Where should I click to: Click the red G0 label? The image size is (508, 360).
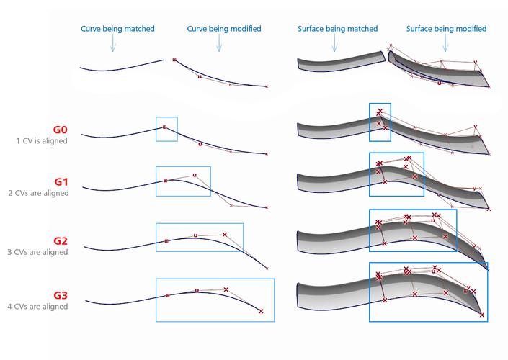tap(59, 130)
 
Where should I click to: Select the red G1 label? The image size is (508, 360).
tap(59, 181)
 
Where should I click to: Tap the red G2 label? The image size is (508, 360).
tap(59, 240)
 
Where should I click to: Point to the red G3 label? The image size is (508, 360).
tap(59, 295)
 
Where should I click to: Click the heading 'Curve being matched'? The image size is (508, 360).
tap(112, 29)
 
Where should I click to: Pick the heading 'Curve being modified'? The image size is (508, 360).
tap(224, 29)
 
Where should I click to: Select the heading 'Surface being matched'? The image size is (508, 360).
tap(337, 29)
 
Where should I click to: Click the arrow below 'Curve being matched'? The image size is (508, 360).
tap(112, 45)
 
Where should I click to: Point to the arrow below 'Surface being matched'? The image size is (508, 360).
tap(335, 45)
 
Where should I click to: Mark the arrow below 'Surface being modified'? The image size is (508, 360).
tap(445, 45)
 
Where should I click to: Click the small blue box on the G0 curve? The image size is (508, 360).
tap(166, 128)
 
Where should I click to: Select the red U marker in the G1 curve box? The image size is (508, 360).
tap(195, 174)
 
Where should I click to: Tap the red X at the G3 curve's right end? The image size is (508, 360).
tap(261, 311)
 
